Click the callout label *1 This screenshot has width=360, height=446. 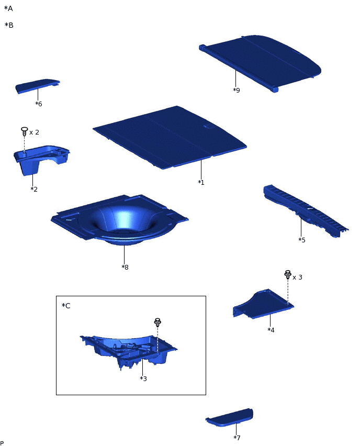tap(201, 182)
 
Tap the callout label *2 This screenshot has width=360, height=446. tap(34, 189)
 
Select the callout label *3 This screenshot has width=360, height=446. tap(143, 378)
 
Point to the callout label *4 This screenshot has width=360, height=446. tap(271, 330)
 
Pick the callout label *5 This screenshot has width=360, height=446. tap(302, 240)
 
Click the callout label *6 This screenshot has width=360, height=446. tap(39, 104)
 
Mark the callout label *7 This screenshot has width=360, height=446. tap(237, 438)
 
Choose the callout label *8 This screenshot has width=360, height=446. tap(125, 267)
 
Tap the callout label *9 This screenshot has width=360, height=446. tap(237, 90)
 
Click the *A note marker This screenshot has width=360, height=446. tap(8, 8)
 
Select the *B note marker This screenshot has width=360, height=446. tap(9, 25)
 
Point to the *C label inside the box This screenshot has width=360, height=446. tap(66, 306)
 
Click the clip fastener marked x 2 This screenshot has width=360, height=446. tap(25, 131)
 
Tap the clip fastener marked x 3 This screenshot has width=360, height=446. tap(288, 275)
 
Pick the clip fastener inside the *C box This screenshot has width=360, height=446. tap(157, 322)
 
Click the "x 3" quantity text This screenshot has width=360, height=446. tap(297, 277)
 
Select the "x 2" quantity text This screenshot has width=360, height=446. tap(34, 132)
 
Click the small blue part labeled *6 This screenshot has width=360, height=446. tap(37, 86)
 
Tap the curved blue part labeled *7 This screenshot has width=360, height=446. tap(230, 418)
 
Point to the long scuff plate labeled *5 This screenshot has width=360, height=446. tap(306, 210)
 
